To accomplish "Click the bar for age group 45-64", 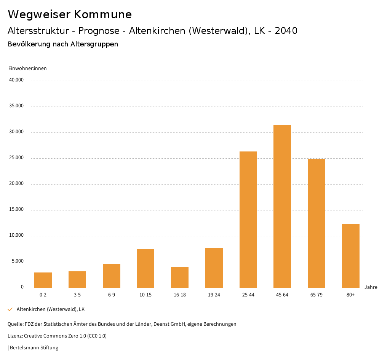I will click(282, 206).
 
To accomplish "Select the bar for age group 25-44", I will click(248, 220).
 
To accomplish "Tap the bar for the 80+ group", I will click(351, 256).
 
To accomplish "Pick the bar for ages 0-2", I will click(43, 280).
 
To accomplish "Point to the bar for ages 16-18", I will click(180, 277).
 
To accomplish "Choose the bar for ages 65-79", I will click(316, 223).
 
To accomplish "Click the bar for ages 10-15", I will click(145, 268).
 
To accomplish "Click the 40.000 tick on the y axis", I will click(17, 80).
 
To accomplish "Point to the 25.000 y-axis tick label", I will click(17, 158).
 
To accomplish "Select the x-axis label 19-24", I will click(214, 295).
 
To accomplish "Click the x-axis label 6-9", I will click(112, 295).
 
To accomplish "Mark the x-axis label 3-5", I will click(77, 295).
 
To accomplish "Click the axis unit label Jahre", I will click(371, 287).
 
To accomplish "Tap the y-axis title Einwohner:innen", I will click(27, 68).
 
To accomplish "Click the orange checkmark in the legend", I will click(10, 309).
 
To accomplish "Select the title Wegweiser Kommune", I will click(70, 14).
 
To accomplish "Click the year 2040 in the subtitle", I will click(286, 31).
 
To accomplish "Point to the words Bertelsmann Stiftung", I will click(34, 348).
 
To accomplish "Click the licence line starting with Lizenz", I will click(57, 336).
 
